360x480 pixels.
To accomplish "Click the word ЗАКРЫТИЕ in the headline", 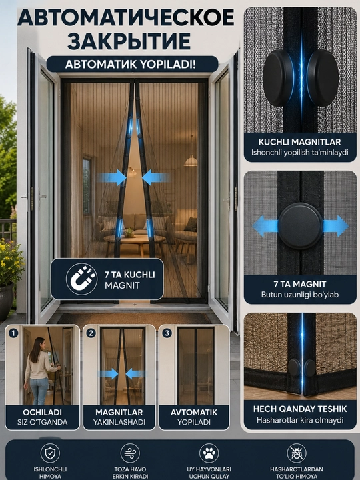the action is click(129, 41).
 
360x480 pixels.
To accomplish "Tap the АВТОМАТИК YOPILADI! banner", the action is click(132, 64).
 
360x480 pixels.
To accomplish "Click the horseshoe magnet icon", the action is click(81, 279).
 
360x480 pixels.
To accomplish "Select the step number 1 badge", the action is click(13, 333).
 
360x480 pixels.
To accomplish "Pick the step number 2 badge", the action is click(91, 333).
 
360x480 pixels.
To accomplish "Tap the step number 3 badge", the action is click(167, 333).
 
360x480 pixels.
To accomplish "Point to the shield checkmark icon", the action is click(50, 453).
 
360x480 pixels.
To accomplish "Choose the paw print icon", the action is click(209, 453).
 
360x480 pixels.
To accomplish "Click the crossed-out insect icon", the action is click(297, 453).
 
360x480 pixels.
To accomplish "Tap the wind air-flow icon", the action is click(130, 453).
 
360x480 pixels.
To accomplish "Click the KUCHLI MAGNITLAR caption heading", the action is click(300, 142).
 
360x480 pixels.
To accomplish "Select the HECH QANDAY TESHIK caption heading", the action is click(300, 409).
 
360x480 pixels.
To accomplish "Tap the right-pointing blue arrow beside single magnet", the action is click(335, 226).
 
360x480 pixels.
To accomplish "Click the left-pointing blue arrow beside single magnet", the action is click(265, 226).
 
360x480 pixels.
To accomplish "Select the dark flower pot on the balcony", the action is click(6, 301).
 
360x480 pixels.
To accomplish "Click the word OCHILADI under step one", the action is click(42, 412).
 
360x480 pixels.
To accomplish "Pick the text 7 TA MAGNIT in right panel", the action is click(300, 285).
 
